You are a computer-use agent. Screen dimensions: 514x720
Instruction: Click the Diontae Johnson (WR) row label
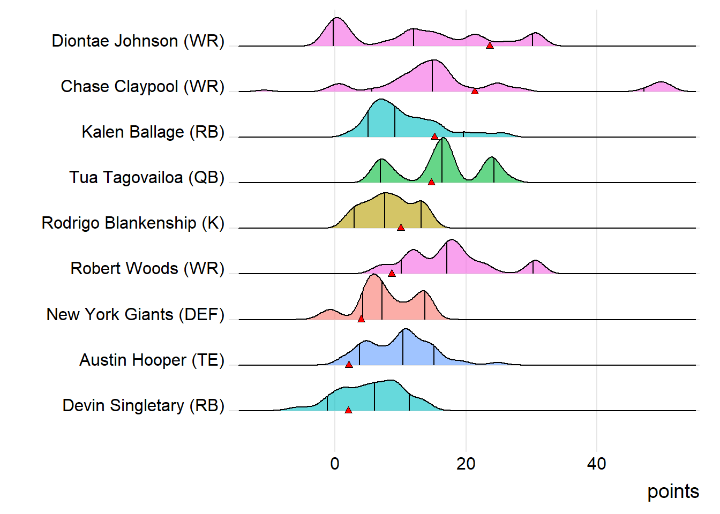click(138, 41)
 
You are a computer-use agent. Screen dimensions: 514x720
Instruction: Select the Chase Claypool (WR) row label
click(142, 87)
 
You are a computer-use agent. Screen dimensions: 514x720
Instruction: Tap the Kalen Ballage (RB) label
click(153, 132)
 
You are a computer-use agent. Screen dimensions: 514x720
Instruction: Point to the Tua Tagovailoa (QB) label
click(147, 178)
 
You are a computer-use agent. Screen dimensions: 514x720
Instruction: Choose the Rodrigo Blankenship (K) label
click(133, 223)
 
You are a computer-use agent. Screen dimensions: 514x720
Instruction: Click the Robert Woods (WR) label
click(147, 269)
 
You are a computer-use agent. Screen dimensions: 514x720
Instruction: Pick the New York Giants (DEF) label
click(136, 315)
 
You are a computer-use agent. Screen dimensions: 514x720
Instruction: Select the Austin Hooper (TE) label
click(152, 360)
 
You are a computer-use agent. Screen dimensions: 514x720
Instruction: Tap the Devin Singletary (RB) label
click(144, 406)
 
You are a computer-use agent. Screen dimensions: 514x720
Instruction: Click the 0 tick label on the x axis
click(335, 464)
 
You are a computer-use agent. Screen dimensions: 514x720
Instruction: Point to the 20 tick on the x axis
click(466, 464)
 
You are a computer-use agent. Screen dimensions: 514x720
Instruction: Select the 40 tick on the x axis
click(597, 464)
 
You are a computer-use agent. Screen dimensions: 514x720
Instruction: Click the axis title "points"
click(673, 492)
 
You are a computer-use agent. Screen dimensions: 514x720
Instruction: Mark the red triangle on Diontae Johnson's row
click(490, 46)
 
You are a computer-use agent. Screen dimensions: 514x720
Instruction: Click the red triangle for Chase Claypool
click(475, 91)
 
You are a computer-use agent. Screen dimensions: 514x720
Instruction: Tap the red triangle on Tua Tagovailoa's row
click(431, 182)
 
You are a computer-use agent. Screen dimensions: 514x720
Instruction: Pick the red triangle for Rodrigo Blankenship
click(401, 228)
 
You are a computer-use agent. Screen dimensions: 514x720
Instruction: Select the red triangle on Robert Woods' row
click(392, 273)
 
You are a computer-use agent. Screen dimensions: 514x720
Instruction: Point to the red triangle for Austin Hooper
click(349, 365)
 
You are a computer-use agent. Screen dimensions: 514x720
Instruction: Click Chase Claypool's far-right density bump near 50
click(662, 87)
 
